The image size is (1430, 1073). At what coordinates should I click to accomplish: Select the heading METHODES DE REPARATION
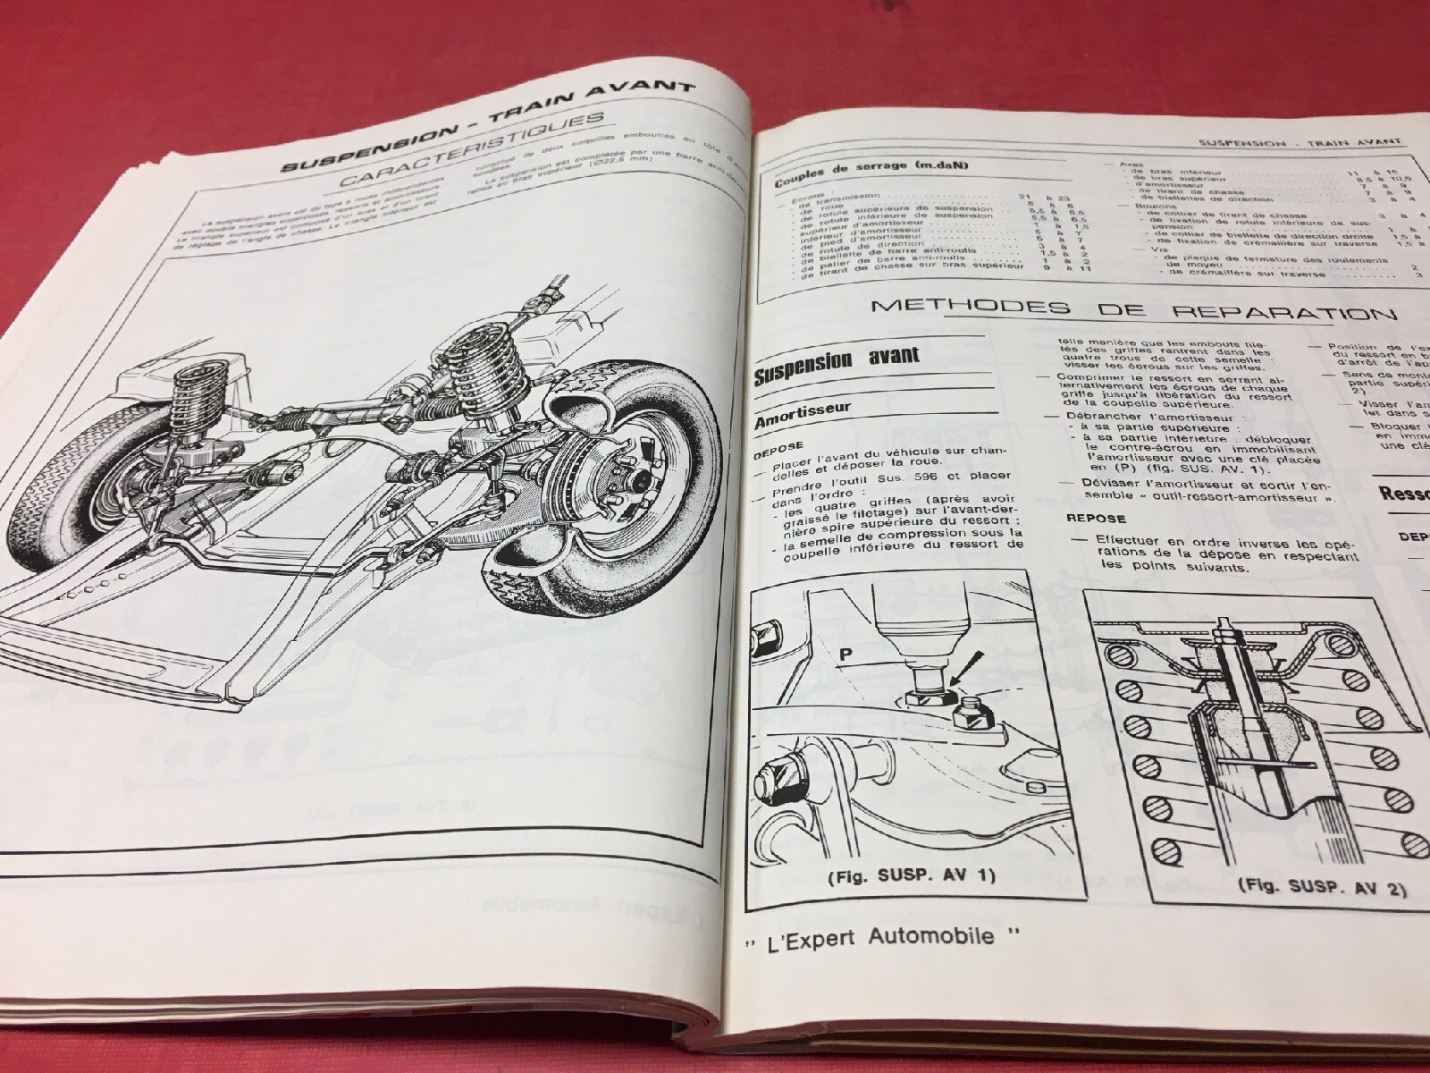pyautogui.click(x=1131, y=309)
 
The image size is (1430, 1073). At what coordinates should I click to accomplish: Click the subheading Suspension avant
pyautogui.click(x=837, y=360)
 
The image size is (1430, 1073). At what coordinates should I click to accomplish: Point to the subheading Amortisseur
pyautogui.click(x=803, y=407)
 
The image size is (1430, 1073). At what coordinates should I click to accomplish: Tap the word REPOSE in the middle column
pyautogui.click(x=1096, y=518)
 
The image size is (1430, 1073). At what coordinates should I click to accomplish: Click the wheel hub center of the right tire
pyautogui.click(x=639, y=483)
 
